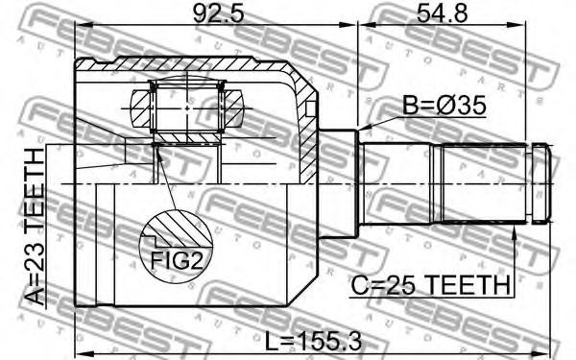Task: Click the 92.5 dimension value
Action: [218, 13]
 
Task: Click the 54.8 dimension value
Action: [442, 13]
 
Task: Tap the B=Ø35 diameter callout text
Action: [444, 106]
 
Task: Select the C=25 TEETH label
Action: [430, 285]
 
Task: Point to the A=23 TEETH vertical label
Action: [36, 227]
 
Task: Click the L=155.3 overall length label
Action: [313, 341]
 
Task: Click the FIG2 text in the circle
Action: [177, 261]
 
